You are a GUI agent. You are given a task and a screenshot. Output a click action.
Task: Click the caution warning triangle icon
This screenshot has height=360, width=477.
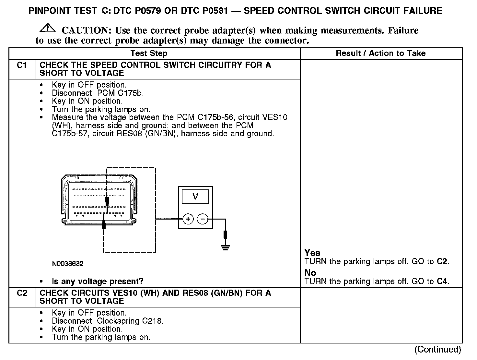(x=47, y=28)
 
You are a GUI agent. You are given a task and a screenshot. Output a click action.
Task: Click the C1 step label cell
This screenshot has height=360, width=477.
(x=22, y=66)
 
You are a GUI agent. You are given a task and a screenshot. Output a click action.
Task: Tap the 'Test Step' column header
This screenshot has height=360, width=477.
(x=149, y=54)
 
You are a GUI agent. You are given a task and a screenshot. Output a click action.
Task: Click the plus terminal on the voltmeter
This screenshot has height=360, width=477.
(x=188, y=220)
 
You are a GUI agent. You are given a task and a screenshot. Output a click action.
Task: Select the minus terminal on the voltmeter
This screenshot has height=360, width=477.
(x=203, y=220)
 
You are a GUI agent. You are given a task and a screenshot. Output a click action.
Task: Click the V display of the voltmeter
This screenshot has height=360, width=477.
(x=195, y=197)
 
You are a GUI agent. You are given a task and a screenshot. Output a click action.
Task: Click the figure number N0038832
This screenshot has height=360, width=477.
(x=67, y=264)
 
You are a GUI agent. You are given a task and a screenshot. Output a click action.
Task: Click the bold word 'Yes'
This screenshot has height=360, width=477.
(x=312, y=253)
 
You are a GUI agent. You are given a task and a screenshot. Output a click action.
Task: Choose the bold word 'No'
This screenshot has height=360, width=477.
(x=310, y=273)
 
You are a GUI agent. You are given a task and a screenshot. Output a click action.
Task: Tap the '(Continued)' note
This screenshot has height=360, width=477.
(x=437, y=350)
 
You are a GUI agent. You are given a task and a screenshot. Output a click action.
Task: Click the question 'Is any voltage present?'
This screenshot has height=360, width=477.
(x=97, y=282)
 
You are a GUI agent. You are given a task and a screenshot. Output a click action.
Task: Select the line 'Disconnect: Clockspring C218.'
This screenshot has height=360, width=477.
(x=108, y=321)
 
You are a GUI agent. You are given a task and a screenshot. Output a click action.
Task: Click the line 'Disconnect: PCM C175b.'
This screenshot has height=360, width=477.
(x=98, y=93)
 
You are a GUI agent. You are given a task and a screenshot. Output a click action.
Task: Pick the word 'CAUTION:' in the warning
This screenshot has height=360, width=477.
(x=87, y=31)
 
